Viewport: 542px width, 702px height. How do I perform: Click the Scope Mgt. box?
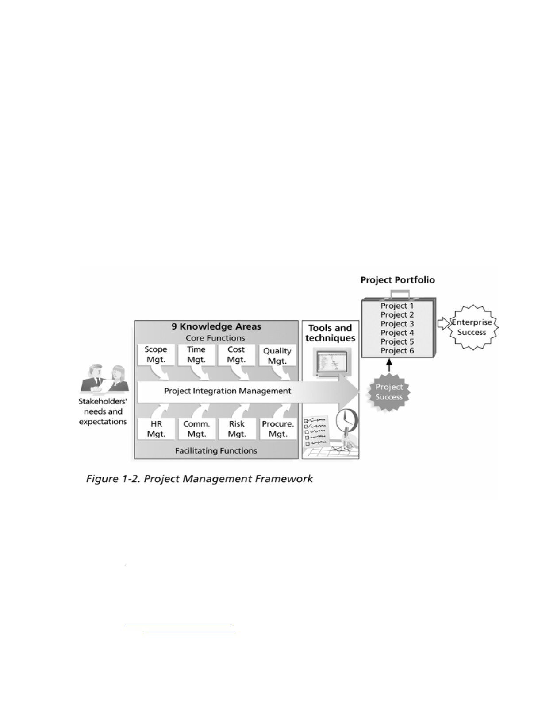156,355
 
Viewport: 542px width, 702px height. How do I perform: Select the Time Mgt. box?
196,355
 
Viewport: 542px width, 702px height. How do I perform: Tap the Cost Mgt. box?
236,355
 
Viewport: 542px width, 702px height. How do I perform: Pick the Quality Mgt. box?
277,356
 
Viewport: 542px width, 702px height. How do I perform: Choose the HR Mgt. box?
156,429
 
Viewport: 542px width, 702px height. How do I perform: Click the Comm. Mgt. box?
196,429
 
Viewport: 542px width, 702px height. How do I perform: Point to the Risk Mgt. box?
237,429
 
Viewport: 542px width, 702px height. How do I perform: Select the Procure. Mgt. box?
278,429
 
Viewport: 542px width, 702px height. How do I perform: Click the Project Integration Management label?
227,391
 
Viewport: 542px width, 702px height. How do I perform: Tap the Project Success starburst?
389,392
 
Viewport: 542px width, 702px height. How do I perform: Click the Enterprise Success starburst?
472,327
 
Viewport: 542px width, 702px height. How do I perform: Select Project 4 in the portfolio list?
397,333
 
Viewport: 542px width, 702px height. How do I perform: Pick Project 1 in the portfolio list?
397,306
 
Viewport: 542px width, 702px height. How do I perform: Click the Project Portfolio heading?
397,280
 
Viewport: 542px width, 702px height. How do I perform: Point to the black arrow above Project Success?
389,365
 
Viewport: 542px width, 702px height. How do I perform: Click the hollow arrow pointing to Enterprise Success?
442,323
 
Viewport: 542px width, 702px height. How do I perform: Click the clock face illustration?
346,419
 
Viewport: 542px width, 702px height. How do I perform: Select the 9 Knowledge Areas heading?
216,327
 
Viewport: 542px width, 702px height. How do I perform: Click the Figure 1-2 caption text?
199,479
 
